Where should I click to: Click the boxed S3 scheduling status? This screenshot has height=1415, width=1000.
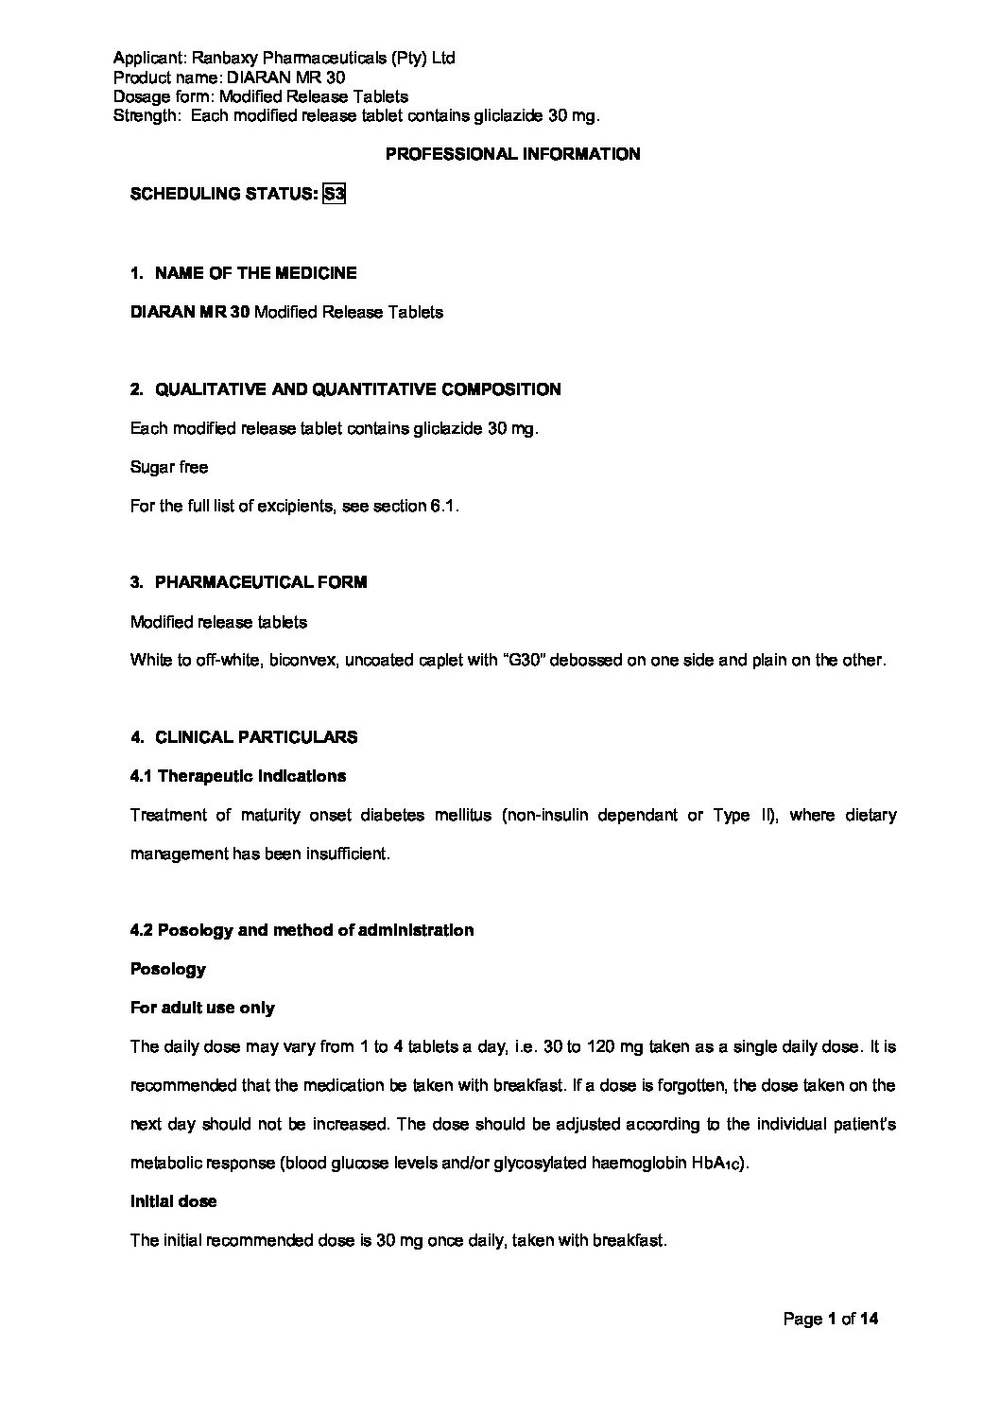tap(334, 194)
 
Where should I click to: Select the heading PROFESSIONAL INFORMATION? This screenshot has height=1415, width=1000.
tap(512, 154)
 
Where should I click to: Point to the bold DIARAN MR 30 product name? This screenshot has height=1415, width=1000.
tap(190, 312)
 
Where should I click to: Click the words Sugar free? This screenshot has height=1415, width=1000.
tap(168, 467)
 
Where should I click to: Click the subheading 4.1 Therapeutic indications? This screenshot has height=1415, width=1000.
tap(237, 776)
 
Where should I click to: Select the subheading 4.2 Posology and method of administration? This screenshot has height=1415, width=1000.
tap(302, 930)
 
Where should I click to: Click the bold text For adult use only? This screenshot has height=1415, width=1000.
tap(201, 1008)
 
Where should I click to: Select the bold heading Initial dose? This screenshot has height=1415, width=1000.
tap(173, 1201)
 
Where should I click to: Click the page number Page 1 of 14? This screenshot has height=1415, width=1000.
tap(831, 1319)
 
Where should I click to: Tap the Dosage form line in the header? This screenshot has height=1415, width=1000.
tap(260, 96)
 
